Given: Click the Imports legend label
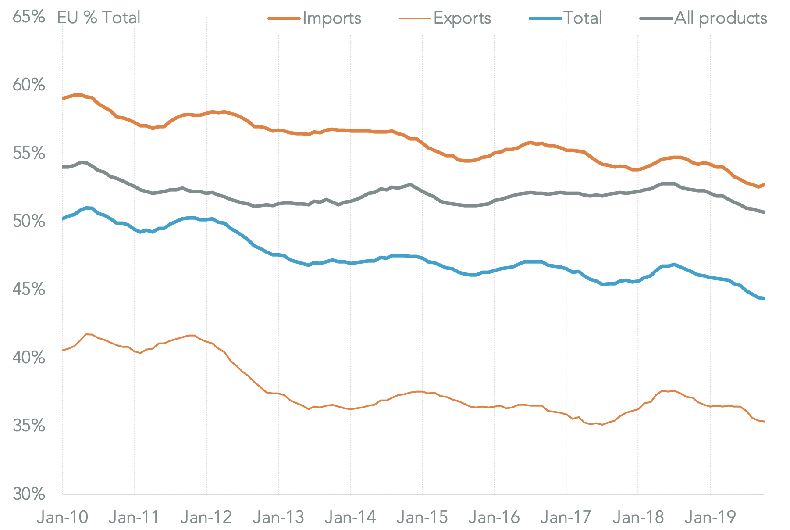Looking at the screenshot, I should coord(332,18).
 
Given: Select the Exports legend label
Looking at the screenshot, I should coord(462,18).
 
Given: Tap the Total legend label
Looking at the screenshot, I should coord(583,18).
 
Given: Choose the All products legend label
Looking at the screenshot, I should coord(721,18).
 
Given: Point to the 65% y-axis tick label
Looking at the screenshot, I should coord(28,17).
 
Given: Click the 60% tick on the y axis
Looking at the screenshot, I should coord(28,85).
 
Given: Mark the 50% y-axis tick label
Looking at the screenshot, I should coord(28,221).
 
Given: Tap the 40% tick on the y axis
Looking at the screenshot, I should coord(28,358).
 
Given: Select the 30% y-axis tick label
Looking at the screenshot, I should coord(28,494).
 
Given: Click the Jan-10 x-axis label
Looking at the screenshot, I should coord(63,517).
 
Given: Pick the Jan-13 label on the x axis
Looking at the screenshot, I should coord(278,517).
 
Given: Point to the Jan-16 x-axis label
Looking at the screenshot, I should coord(494,517).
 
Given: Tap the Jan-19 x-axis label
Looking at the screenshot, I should coord(710,517).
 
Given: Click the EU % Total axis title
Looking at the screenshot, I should coord(99,18).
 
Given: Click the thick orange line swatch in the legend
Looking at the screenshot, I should coord(285,18).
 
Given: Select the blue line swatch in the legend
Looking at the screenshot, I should coord(545,18).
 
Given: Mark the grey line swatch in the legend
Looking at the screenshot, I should coord(656,18).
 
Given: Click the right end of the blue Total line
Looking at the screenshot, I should coord(764,298).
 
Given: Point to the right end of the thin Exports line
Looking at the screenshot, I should coord(764,422).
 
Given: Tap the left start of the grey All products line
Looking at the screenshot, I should coord(63,167).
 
